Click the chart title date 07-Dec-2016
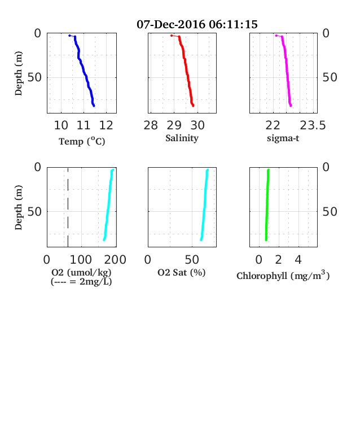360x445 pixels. tap(171, 24)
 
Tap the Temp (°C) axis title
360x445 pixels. tap(82, 141)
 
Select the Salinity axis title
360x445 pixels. tap(182, 138)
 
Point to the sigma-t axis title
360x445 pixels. tap(283, 138)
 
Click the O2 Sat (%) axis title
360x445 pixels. tap(182, 272)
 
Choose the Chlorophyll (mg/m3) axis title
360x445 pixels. tap(283, 275)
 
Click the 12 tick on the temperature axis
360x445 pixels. tap(106, 125)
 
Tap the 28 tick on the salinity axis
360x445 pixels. tap(151, 125)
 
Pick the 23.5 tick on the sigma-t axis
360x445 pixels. tap(313, 125)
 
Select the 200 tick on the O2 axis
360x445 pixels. tap(115, 260)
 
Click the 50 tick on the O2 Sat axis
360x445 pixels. tap(192, 260)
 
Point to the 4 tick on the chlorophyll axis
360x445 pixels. tap(298, 260)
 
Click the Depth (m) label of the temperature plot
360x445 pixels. tap(18, 73)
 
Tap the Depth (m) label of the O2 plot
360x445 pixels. tap(18, 207)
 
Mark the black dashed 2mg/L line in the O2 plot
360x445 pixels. tap(68, 207)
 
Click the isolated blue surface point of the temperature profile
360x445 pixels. tap(70, 36)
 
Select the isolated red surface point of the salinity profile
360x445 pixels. tap(172, 36)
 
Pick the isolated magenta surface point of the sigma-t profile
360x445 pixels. tap(276, 36)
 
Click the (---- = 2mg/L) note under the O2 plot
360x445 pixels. tap(81, 282)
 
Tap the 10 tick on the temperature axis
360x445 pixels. tap(61, 125)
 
